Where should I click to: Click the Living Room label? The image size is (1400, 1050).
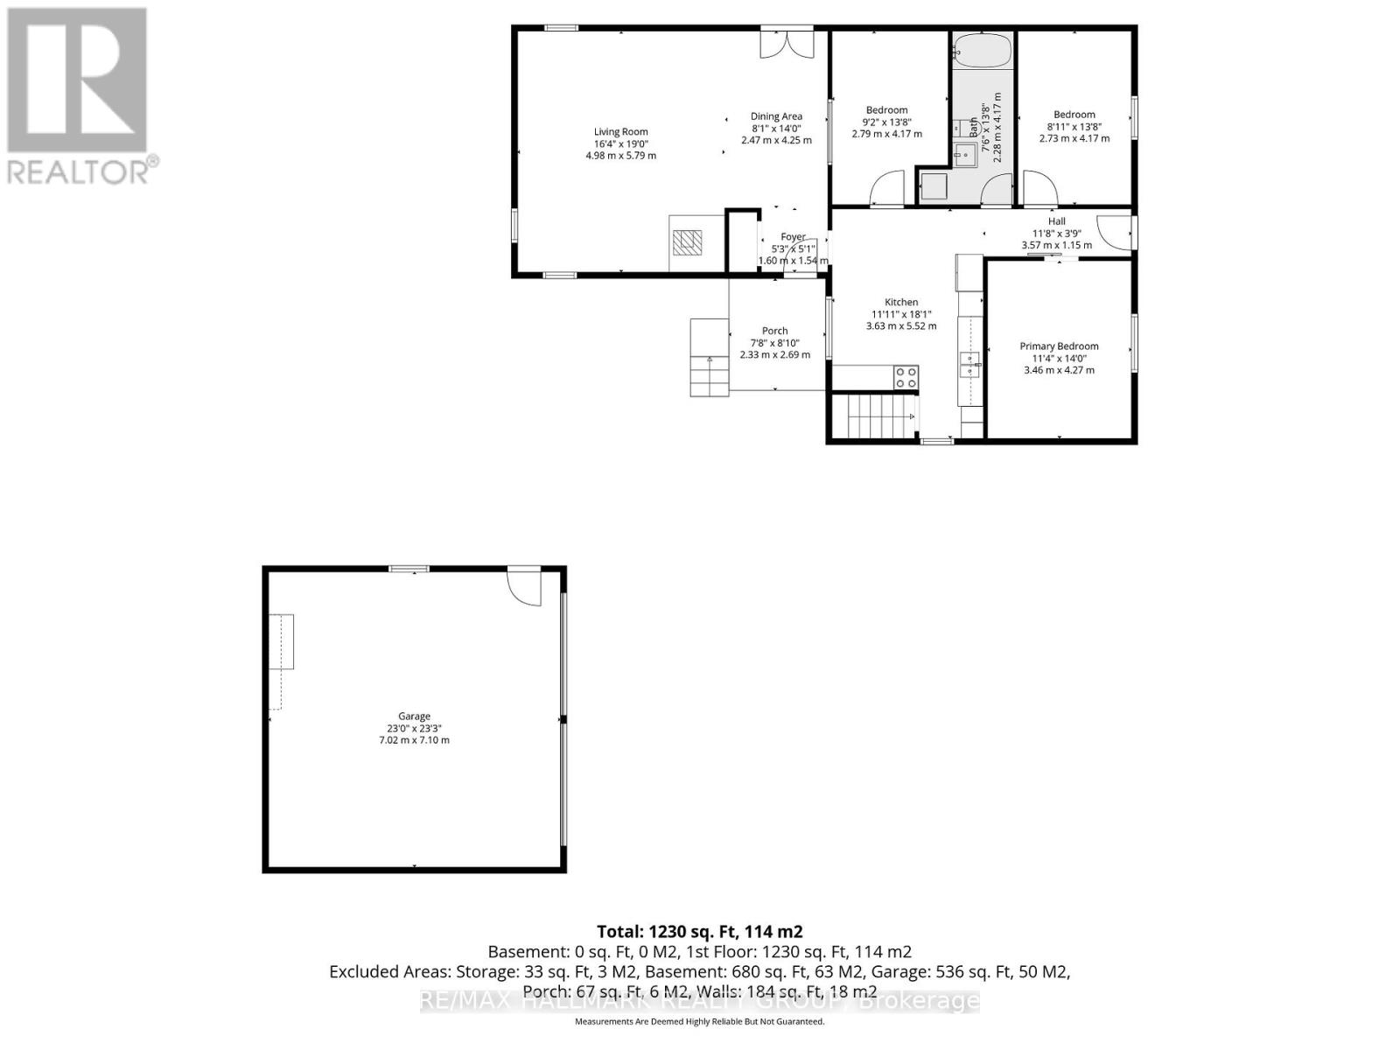pyautogui.click(x=620, y=132)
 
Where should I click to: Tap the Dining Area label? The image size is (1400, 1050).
pyautogui.click(x=776, y=116)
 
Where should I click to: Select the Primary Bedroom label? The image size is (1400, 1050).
pyautogui.click(x=1059, y=346)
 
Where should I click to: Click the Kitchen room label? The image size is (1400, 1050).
pyautogui.click(x=900, y=302)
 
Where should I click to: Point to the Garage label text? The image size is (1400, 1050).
pyautogui.click(x=414, y=716)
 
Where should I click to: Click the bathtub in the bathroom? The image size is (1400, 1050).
pyautogui.click(x=982, y=50)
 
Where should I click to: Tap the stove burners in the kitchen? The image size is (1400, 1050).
pyautogui.click(x=906, y=377)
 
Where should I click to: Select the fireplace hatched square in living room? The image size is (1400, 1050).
pyautogui.click(x=687, y=241)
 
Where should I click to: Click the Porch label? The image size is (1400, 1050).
pyautogui.click(x=774, y=331)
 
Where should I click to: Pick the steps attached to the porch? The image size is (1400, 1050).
pyautogui.click(x=709, y=358)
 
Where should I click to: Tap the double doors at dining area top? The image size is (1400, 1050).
pyautogui.click(x=787, y=43)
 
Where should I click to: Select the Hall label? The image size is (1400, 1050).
pyautogui.click(x=1056, y=221)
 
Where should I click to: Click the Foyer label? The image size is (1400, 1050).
pyautogui.click(x=793, y=237)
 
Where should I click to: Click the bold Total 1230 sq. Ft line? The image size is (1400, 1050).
pyautogui.click(x=699, y=932)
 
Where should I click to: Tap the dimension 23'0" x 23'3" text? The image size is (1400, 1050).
pyautogui.click(x=414, y=728)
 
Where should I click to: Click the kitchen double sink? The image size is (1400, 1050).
pyautogui.click(x=969, y=365)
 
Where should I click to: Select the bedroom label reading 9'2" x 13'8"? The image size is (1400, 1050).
pyautogui.click(x=886, y=122)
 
